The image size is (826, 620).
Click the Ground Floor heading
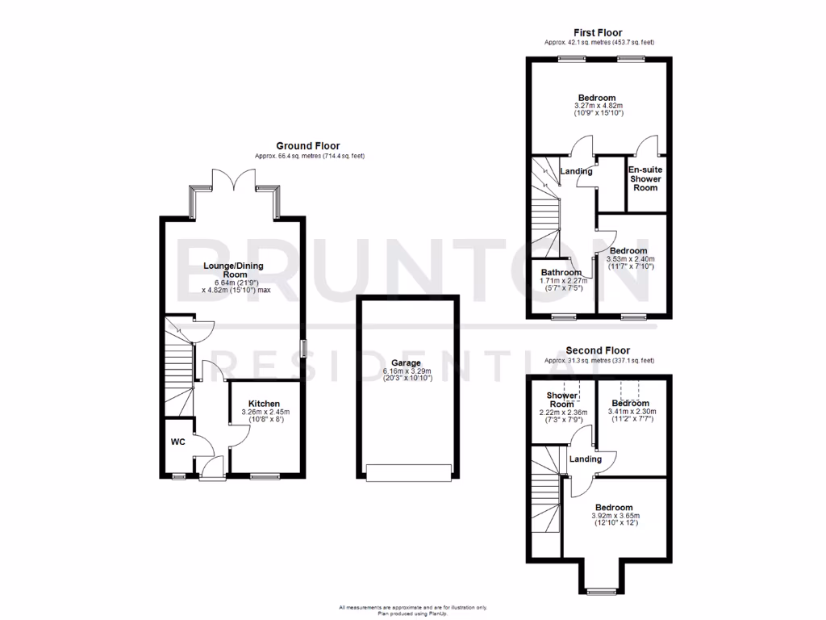coord(309,146)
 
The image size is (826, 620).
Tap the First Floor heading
coord(599,33)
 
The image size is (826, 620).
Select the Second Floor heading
coord(598,350)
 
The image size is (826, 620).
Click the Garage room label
coord(407,363)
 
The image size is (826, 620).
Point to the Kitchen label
coord(265,404)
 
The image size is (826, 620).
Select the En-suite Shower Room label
coord(645,178)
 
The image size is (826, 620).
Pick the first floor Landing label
coord(577,171)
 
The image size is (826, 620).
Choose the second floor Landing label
coord(586,459)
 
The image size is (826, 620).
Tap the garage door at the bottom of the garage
coord(407,473)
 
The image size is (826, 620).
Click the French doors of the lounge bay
coord(235,181)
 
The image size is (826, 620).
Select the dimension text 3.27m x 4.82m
coord(599,106)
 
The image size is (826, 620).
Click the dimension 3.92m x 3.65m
coord(615,515)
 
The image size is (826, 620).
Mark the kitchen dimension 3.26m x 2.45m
coord(265,413)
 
